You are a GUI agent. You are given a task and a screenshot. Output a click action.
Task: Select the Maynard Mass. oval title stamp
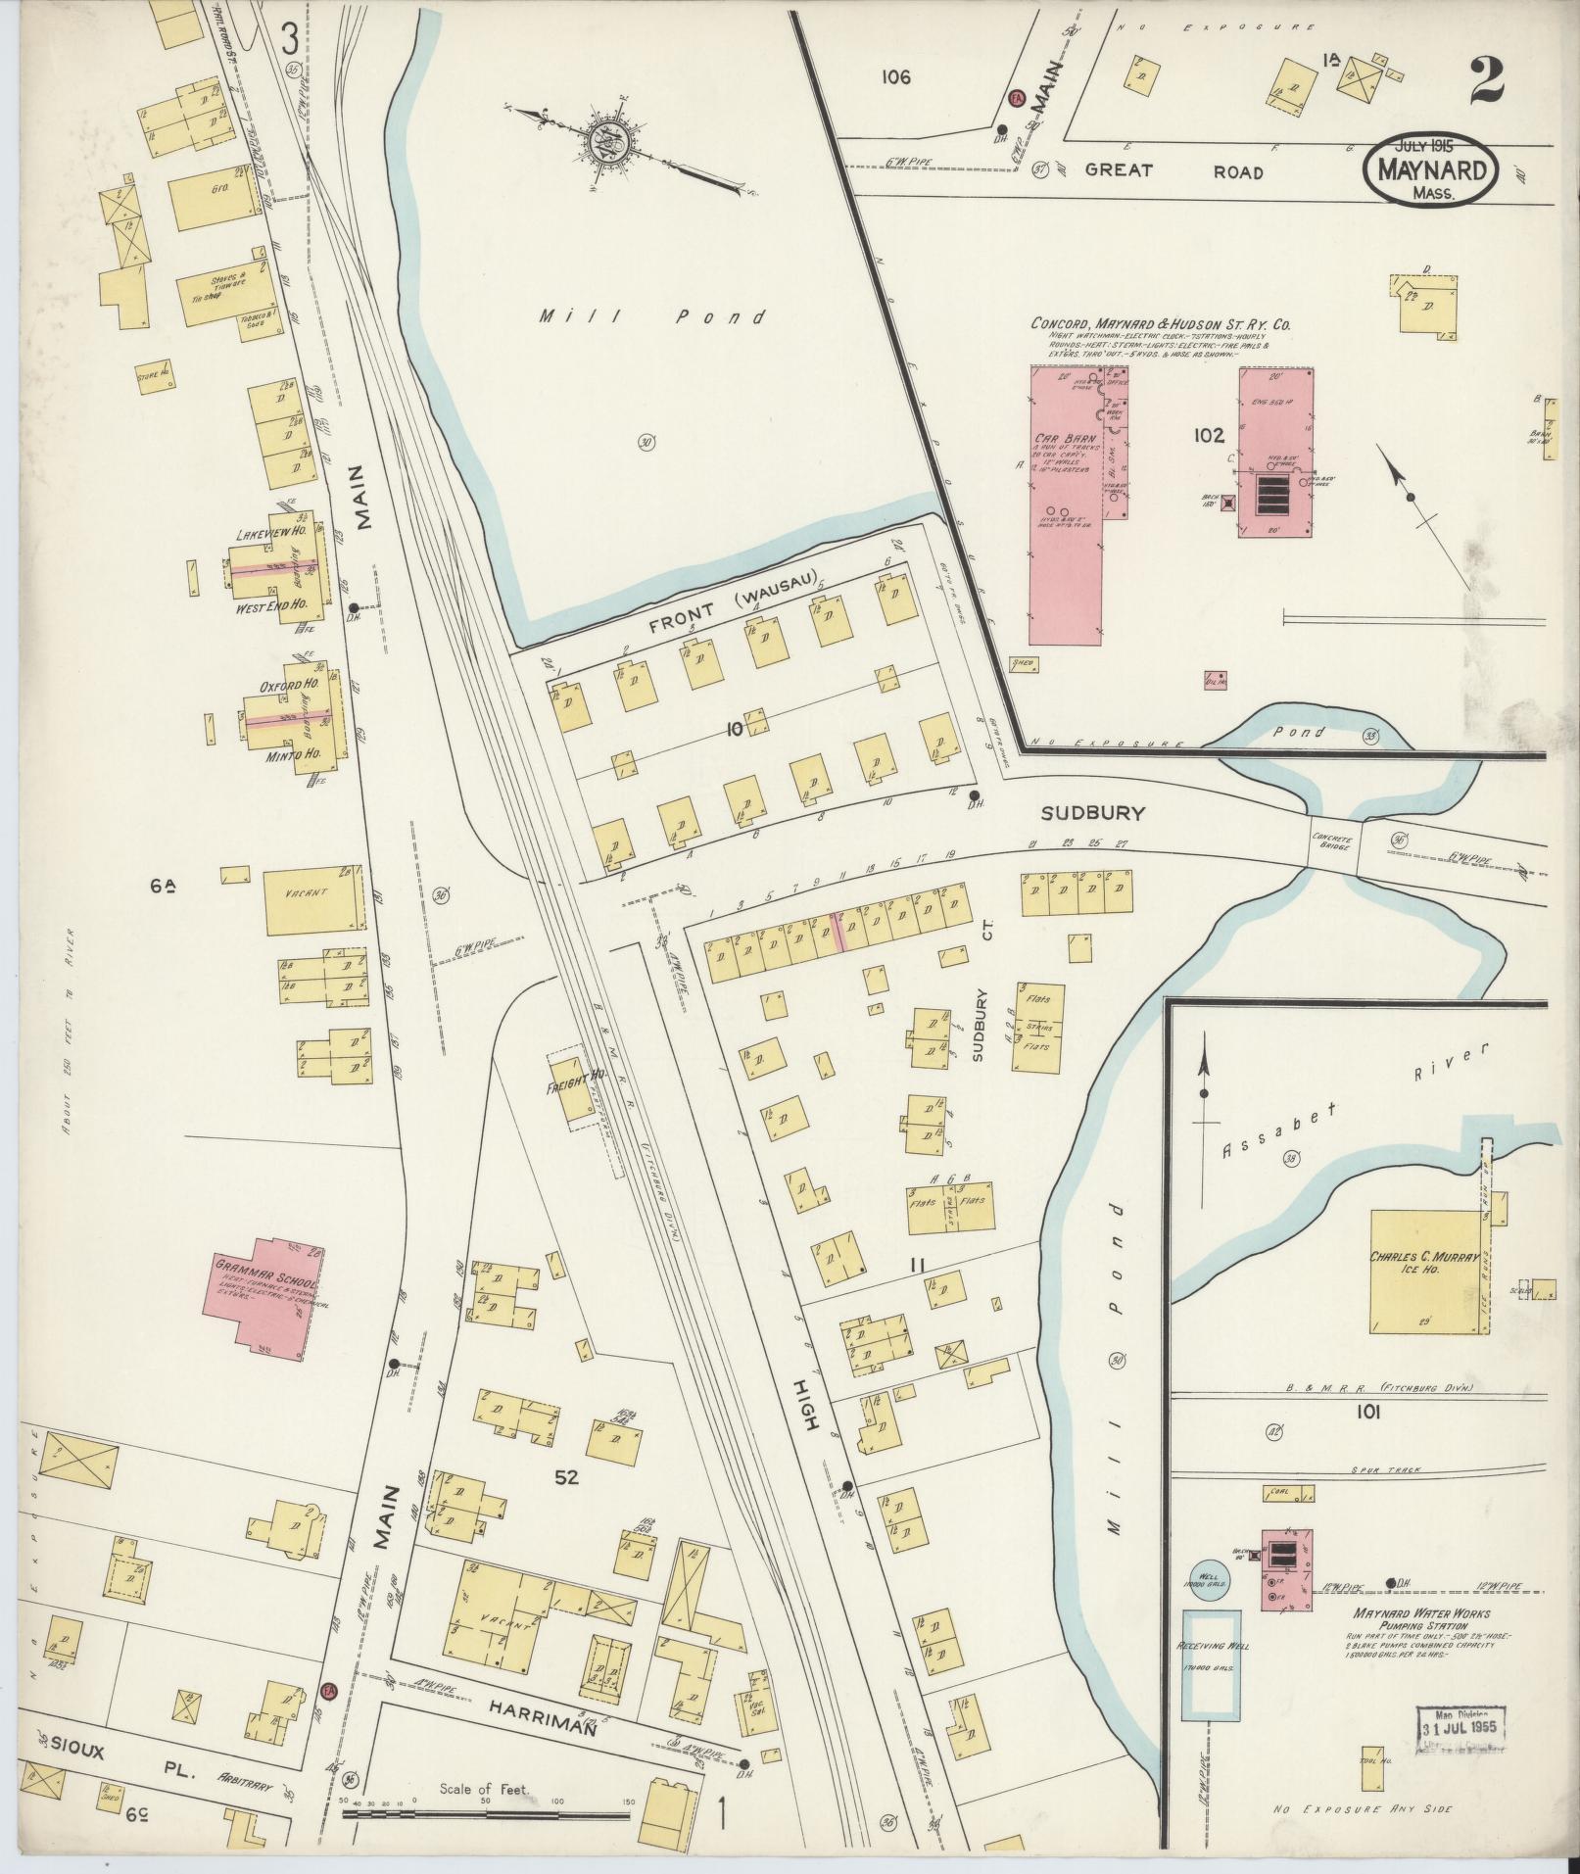click(1431, 169)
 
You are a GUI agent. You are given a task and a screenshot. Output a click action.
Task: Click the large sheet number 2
click(1486, 80)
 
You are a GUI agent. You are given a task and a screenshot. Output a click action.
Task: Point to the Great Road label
click(1174, 170)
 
